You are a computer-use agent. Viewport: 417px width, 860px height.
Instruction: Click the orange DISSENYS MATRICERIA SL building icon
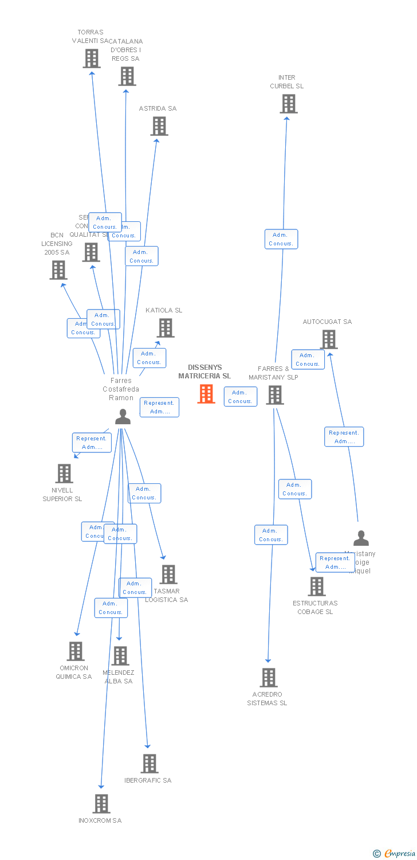(206, 394)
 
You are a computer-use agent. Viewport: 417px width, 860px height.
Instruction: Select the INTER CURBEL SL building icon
(289, 104)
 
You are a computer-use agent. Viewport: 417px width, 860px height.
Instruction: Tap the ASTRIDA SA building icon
(159, 126)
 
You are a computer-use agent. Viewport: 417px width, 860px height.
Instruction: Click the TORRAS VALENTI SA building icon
(92, 58)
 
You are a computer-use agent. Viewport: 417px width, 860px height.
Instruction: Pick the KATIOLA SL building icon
(166, 328)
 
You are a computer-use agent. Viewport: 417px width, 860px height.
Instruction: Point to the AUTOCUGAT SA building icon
(329, 339)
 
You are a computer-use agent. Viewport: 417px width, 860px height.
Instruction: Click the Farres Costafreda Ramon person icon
(123, 417)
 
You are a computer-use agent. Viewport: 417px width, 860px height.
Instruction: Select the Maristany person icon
(361, 538)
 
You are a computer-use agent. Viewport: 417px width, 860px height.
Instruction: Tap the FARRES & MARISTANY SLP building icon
(275, 395)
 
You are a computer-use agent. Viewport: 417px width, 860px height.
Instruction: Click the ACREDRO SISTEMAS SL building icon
(268, 678)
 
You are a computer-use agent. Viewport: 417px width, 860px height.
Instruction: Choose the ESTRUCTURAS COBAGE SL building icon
(317, 587)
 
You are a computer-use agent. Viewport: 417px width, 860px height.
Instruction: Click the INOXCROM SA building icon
(101, 804)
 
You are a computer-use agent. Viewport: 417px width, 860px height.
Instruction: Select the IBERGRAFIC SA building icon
(150, 764)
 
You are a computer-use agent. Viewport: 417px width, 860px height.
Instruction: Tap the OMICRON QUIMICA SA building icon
(76, 651)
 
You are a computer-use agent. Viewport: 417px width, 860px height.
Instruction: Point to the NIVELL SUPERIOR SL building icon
(64, 474)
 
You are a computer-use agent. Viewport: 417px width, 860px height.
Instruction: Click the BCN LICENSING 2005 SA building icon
(58, 270)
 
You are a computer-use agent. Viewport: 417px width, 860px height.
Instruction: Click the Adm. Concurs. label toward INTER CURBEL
(281, 239)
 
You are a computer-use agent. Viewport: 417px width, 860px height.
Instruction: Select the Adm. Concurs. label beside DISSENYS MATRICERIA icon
(240, 397)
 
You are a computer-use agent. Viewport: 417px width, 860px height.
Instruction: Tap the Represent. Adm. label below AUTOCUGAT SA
(344, 437)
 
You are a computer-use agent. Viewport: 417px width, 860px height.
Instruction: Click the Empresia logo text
(399, 854)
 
